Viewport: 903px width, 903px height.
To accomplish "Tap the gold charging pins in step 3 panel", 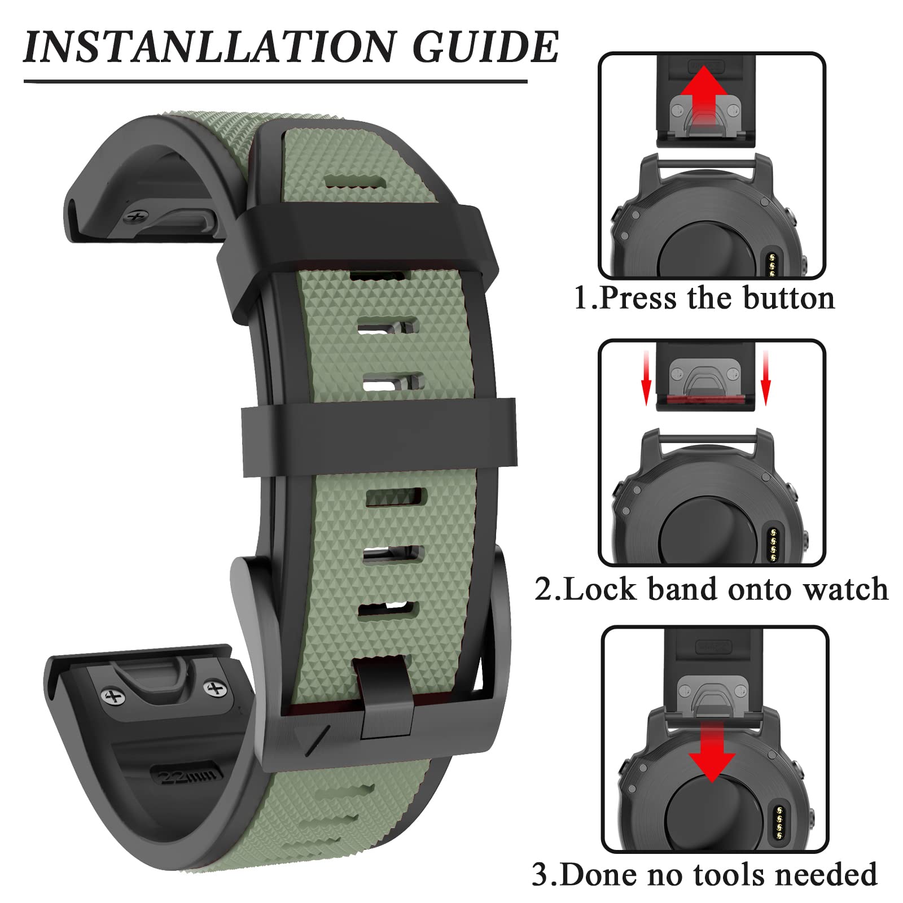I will coord(781,822).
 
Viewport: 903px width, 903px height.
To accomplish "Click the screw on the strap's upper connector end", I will coord(135,217).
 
